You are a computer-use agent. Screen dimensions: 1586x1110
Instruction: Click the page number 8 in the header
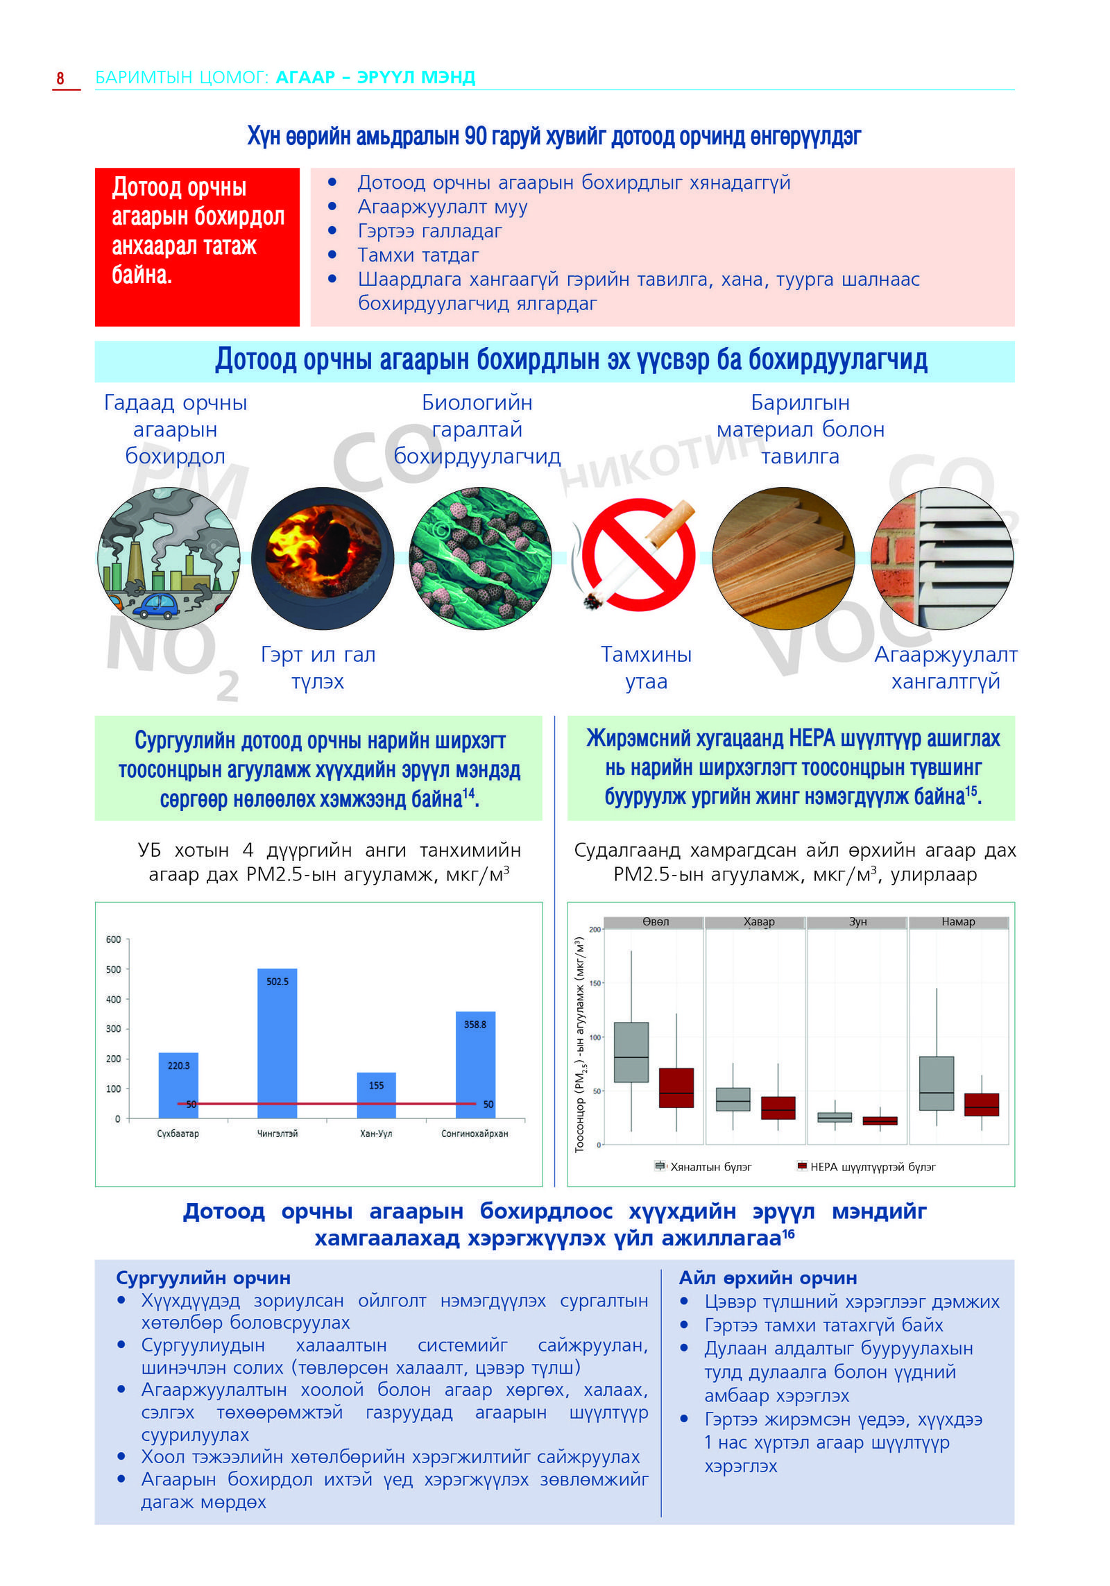tap(60, 78)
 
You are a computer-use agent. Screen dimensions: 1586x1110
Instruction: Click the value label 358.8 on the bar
tap(475, 1024)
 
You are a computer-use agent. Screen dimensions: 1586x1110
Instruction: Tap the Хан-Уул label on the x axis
tap(376, 1133)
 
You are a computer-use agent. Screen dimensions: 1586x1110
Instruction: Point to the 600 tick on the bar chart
tap(113, 939)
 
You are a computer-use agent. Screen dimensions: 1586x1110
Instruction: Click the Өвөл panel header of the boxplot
tap(655, 922)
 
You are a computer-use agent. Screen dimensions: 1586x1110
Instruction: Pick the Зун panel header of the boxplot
tap(857, 922)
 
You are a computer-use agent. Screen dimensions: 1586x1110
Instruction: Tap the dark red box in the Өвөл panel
tap(676, 1087)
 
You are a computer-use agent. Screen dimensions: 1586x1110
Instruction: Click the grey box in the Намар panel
tap(936, 1083)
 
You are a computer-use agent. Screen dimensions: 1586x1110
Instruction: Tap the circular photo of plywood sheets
tap(783, 558)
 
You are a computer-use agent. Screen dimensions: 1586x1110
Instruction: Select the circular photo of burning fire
tap(323, 558)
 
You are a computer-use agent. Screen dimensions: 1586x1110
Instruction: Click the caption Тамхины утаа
tap(646, 667)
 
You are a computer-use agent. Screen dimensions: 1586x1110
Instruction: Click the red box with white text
tap(197, 247)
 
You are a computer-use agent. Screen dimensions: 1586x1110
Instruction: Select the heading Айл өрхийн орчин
tap(768, 1277)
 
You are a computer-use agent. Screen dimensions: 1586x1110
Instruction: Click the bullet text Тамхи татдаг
tap(418, 255)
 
